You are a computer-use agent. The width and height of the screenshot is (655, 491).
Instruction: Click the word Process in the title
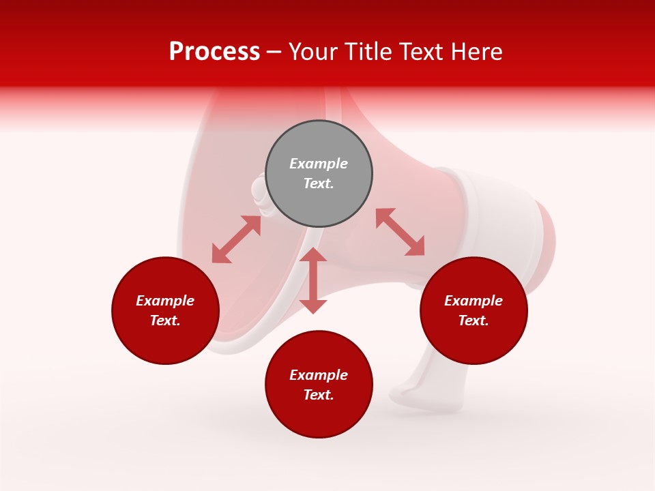(x=214, y=52)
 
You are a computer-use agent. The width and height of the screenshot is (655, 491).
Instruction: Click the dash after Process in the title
(x=274, y=53)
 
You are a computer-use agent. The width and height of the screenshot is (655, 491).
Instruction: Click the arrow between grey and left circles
(x=236, y=239)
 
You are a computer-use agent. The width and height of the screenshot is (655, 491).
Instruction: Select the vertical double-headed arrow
(x=313, y=280)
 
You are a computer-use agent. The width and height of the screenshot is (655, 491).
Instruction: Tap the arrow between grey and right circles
(x=400, y=232)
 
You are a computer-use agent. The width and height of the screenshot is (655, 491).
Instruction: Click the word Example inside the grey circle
(x=319, y=164)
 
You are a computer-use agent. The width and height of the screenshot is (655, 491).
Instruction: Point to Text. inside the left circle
(x=165, y=321)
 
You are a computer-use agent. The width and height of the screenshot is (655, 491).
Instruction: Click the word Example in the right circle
(x=474, y=301)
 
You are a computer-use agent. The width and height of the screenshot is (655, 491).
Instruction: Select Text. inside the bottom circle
(x=319, y=395)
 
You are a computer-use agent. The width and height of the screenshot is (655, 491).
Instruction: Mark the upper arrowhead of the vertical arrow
(x=313, y=256)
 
